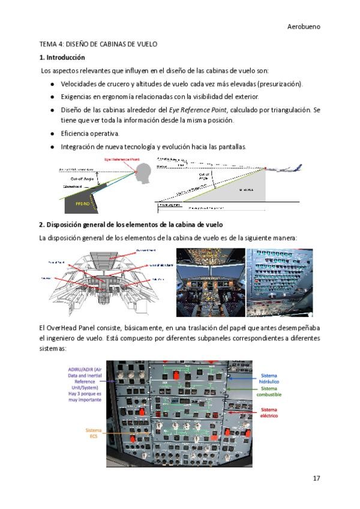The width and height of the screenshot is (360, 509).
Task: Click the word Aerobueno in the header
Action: coord(304,27)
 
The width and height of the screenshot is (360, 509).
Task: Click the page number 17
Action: coord(316,478)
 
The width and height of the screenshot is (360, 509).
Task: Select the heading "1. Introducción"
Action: coord(62,58)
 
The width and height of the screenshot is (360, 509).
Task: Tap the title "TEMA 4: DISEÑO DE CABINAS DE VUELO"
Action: coord(98,44)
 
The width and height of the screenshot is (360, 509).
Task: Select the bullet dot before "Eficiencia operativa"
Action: coord(53,133)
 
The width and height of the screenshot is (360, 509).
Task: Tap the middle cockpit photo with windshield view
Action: coord(210,282)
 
